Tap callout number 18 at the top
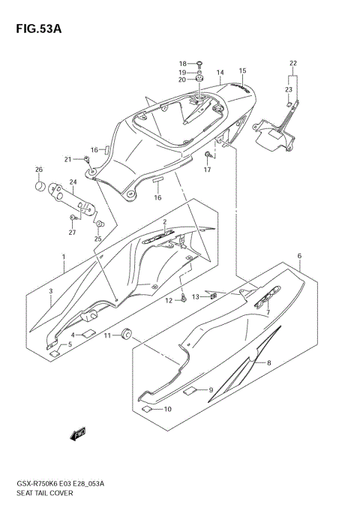click(x=182, y=63)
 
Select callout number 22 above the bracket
click(x=293, y=62)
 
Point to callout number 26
click(x=40, y=169)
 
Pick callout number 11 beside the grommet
click(x=107, y=335)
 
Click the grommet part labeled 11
click(x=127, y=333)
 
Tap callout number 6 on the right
click(x=299, y=256)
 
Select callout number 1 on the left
click(x=64, y=257)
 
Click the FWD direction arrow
click(x=78, y=434)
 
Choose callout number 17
click(x=207, y=170)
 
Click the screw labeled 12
click(x=183, y=299)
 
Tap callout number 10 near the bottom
click(x=167, y=409)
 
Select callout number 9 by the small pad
click(x=211, y=389)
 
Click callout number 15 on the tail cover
click(x=242, y=71)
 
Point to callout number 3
click(x=51, y=291)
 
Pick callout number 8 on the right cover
click(x=269, y=362)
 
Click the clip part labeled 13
click(x=214, y=296)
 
